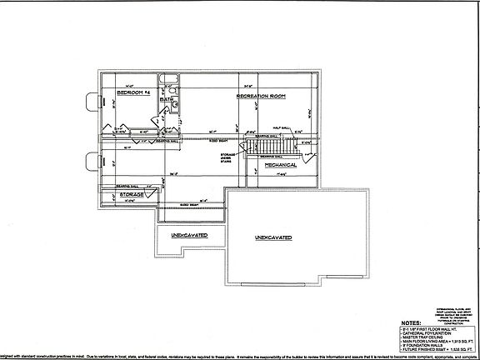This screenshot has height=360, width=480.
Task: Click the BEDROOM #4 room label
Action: point(133,93)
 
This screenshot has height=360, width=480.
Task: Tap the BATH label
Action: point(167,98)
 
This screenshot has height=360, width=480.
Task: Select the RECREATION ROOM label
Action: point(261,97)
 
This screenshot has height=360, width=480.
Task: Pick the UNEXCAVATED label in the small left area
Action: point(189,236)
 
